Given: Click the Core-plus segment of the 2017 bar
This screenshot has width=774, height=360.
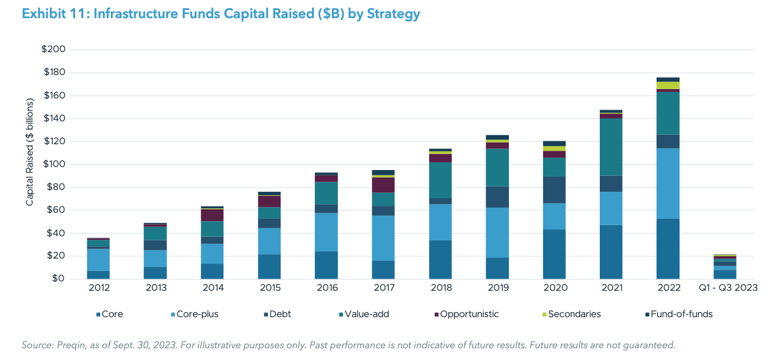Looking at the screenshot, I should (x=383, y=238).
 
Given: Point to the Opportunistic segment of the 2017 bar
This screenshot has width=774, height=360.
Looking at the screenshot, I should (x=383, y=185).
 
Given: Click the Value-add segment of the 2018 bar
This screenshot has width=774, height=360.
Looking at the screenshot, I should (x=440, y=180).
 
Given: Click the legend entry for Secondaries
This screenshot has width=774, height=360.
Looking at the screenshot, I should (x=573, y=314).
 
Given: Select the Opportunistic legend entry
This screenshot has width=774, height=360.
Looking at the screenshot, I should (x=466, y=314).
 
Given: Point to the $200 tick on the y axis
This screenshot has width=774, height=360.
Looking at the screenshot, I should (x=53, y=49).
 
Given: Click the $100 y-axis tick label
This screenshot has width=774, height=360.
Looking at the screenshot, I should (x=53, y=164).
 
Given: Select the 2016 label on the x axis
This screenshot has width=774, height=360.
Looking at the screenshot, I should (x=326, y=288).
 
